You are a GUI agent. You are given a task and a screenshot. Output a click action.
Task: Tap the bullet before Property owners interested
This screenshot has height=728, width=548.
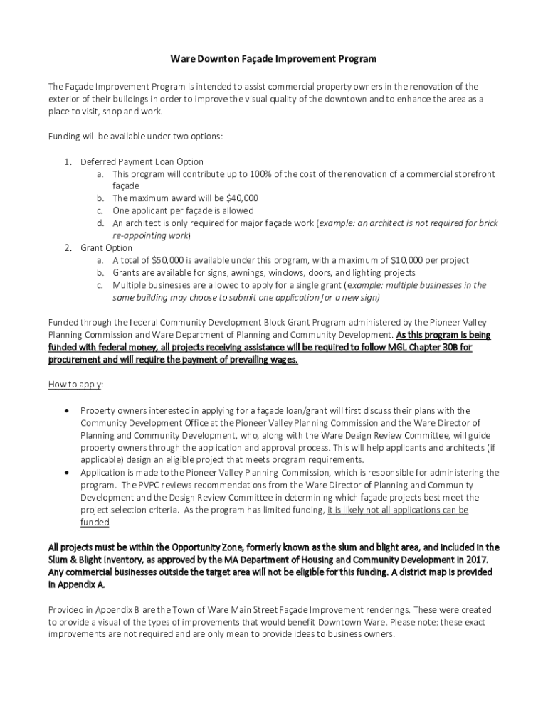[67, 410]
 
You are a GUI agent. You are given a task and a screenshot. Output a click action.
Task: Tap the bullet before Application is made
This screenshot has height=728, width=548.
[67, 473]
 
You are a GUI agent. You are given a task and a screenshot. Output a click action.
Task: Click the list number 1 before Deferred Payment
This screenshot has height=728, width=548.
[66, 161]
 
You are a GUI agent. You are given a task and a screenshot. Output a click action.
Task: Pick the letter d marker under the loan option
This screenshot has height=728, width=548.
[101, 223]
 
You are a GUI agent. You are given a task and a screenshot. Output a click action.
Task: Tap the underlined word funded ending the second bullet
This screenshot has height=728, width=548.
[95, 523]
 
